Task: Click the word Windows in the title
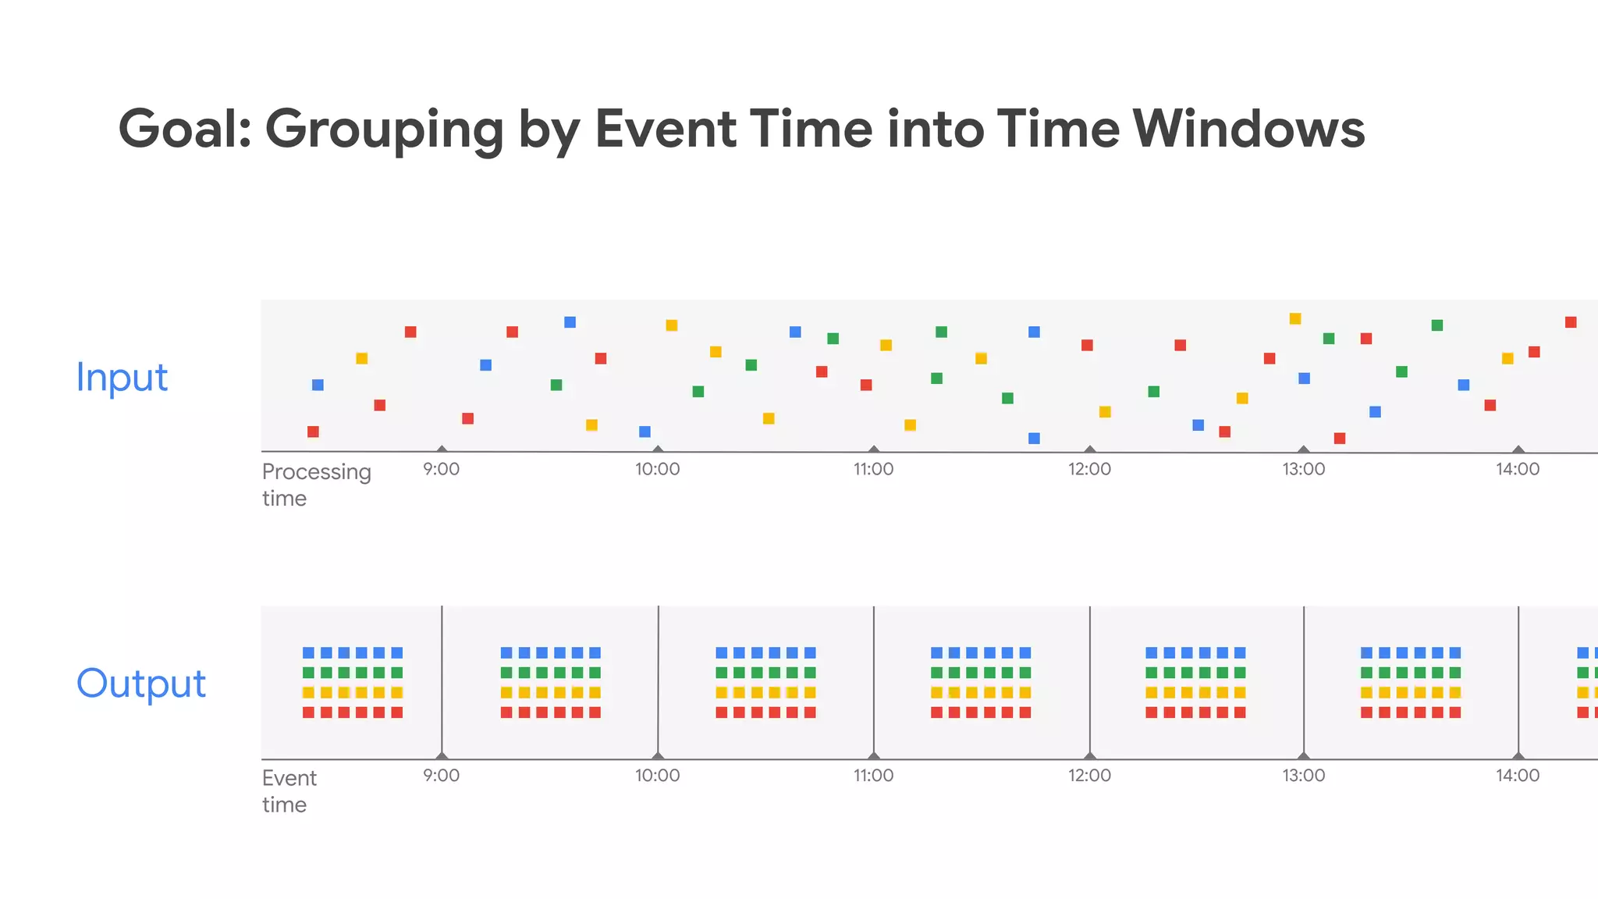point(1248,129)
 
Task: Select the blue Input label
point(122,378)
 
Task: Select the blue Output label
point(141,684)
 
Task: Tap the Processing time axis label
point(315,485)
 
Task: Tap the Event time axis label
point(289,791)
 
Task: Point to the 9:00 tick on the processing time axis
point(441,469)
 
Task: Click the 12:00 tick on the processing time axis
point(1089,469)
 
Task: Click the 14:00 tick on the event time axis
point(1518,775)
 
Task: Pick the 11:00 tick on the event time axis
point(873,775)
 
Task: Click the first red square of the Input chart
point(313,432)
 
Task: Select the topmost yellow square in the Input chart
point(1295,318)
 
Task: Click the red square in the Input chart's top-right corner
point(1571,322)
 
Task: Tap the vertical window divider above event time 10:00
point(658,679)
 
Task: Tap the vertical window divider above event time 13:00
point(1303,679)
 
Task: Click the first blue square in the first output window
point(308,652)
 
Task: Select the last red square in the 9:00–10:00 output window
point(595,712)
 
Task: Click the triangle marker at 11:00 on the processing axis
point(874,449)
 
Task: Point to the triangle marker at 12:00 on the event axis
point(1090,755)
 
